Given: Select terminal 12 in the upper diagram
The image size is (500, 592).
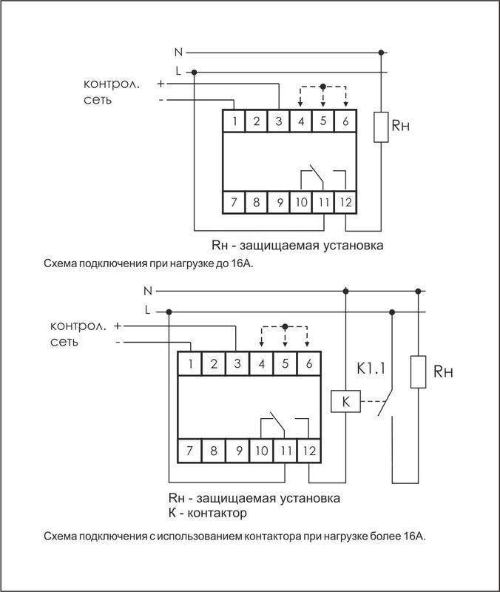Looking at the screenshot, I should click(345, 201).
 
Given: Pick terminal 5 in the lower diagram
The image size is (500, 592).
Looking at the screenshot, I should click(286, 363).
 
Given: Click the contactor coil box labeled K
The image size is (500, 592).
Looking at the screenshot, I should click(345, 402).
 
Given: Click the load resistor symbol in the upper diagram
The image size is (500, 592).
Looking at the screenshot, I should click(381, 127).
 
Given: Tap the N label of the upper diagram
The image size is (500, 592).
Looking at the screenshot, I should click(178, 53).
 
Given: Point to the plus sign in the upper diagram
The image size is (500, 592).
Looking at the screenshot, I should click(161, 84).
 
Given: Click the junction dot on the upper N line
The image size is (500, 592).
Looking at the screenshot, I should click(381, 53).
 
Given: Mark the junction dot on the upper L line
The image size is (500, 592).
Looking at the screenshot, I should click(194, 72).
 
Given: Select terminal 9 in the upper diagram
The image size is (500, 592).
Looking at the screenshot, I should click(278, 201).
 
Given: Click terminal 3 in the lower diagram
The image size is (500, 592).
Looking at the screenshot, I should click(237, 363).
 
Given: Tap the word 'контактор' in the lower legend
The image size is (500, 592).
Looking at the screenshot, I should click(215, 513).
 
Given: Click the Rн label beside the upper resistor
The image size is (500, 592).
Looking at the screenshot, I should click(400, 126).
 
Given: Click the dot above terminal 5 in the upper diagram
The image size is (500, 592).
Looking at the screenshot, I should click(322, 87).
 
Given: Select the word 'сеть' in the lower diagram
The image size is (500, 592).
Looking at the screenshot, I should click(66, 343).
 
